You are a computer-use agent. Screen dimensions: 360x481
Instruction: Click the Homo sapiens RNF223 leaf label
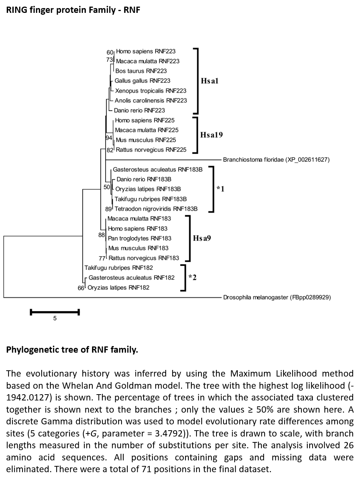146,51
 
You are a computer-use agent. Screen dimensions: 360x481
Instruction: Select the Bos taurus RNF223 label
141,71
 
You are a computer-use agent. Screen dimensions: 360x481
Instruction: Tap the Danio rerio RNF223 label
140,110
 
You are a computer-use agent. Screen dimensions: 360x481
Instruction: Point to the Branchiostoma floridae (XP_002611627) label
276,160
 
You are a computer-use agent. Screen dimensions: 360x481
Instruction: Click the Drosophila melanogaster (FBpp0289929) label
277,297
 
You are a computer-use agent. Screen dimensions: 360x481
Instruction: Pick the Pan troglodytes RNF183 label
140,238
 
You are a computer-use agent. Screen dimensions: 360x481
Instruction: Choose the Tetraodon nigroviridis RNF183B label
156,209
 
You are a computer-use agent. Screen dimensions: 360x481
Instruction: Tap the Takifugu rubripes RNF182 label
119,268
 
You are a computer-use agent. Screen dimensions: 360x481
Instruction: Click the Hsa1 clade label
209,81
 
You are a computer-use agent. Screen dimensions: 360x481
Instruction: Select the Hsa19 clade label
211,135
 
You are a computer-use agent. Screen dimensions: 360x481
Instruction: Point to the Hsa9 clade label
202,238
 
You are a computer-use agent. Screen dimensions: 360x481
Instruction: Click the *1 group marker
220,189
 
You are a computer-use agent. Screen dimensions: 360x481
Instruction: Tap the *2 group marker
193,277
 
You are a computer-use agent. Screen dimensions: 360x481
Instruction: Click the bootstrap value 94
109,138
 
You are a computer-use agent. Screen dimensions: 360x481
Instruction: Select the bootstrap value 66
81,288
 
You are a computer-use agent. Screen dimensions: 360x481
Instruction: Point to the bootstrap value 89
109,209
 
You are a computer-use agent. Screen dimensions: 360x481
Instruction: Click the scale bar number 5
55,318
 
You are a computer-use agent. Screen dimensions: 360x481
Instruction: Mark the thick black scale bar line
55,312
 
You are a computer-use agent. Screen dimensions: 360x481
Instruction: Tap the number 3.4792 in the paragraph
169,434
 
